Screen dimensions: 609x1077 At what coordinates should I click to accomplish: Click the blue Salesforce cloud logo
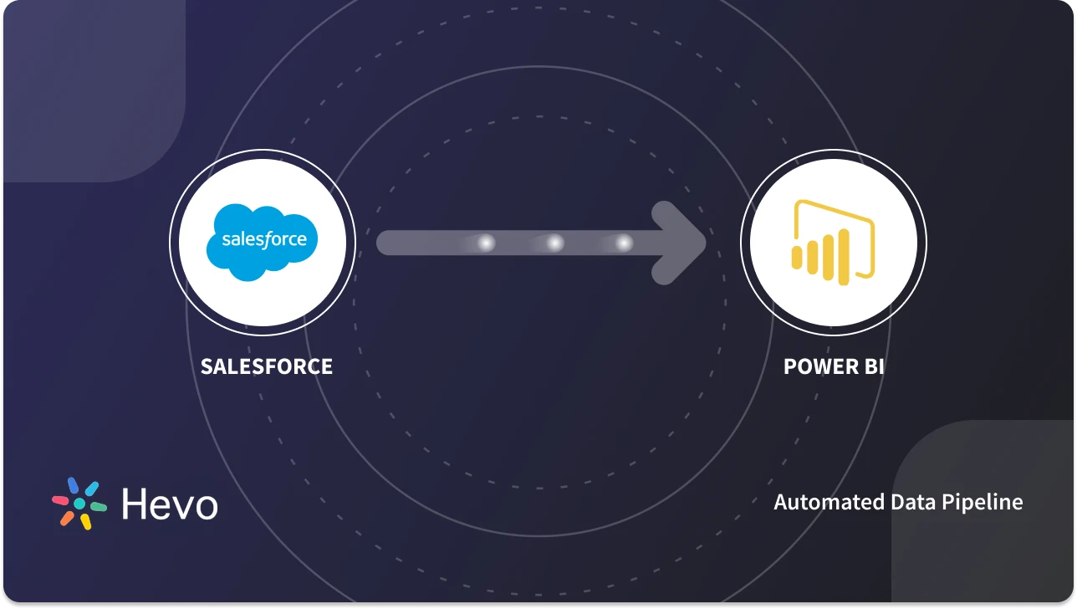pos(263,243)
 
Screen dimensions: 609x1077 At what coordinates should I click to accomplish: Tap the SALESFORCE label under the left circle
pos(266,366)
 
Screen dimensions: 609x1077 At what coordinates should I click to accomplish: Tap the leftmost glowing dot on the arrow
pos(485,243)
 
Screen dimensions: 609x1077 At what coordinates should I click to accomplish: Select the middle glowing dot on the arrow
pos(554,243)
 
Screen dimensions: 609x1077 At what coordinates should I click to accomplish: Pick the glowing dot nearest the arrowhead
pos(624,243)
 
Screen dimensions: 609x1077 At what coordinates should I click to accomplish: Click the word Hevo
pos(170,504)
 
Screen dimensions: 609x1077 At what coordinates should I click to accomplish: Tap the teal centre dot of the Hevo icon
pos(79,504)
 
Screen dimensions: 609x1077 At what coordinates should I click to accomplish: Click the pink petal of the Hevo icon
pos(60,500)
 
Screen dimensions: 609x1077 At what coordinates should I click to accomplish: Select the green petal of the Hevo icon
pos(99,507)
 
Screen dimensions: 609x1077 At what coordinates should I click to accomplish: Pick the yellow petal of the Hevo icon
pos(85,522)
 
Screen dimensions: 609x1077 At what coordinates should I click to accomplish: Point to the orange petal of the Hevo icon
pos(67,519)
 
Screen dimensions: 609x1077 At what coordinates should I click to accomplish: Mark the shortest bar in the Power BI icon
pos(798,257)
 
